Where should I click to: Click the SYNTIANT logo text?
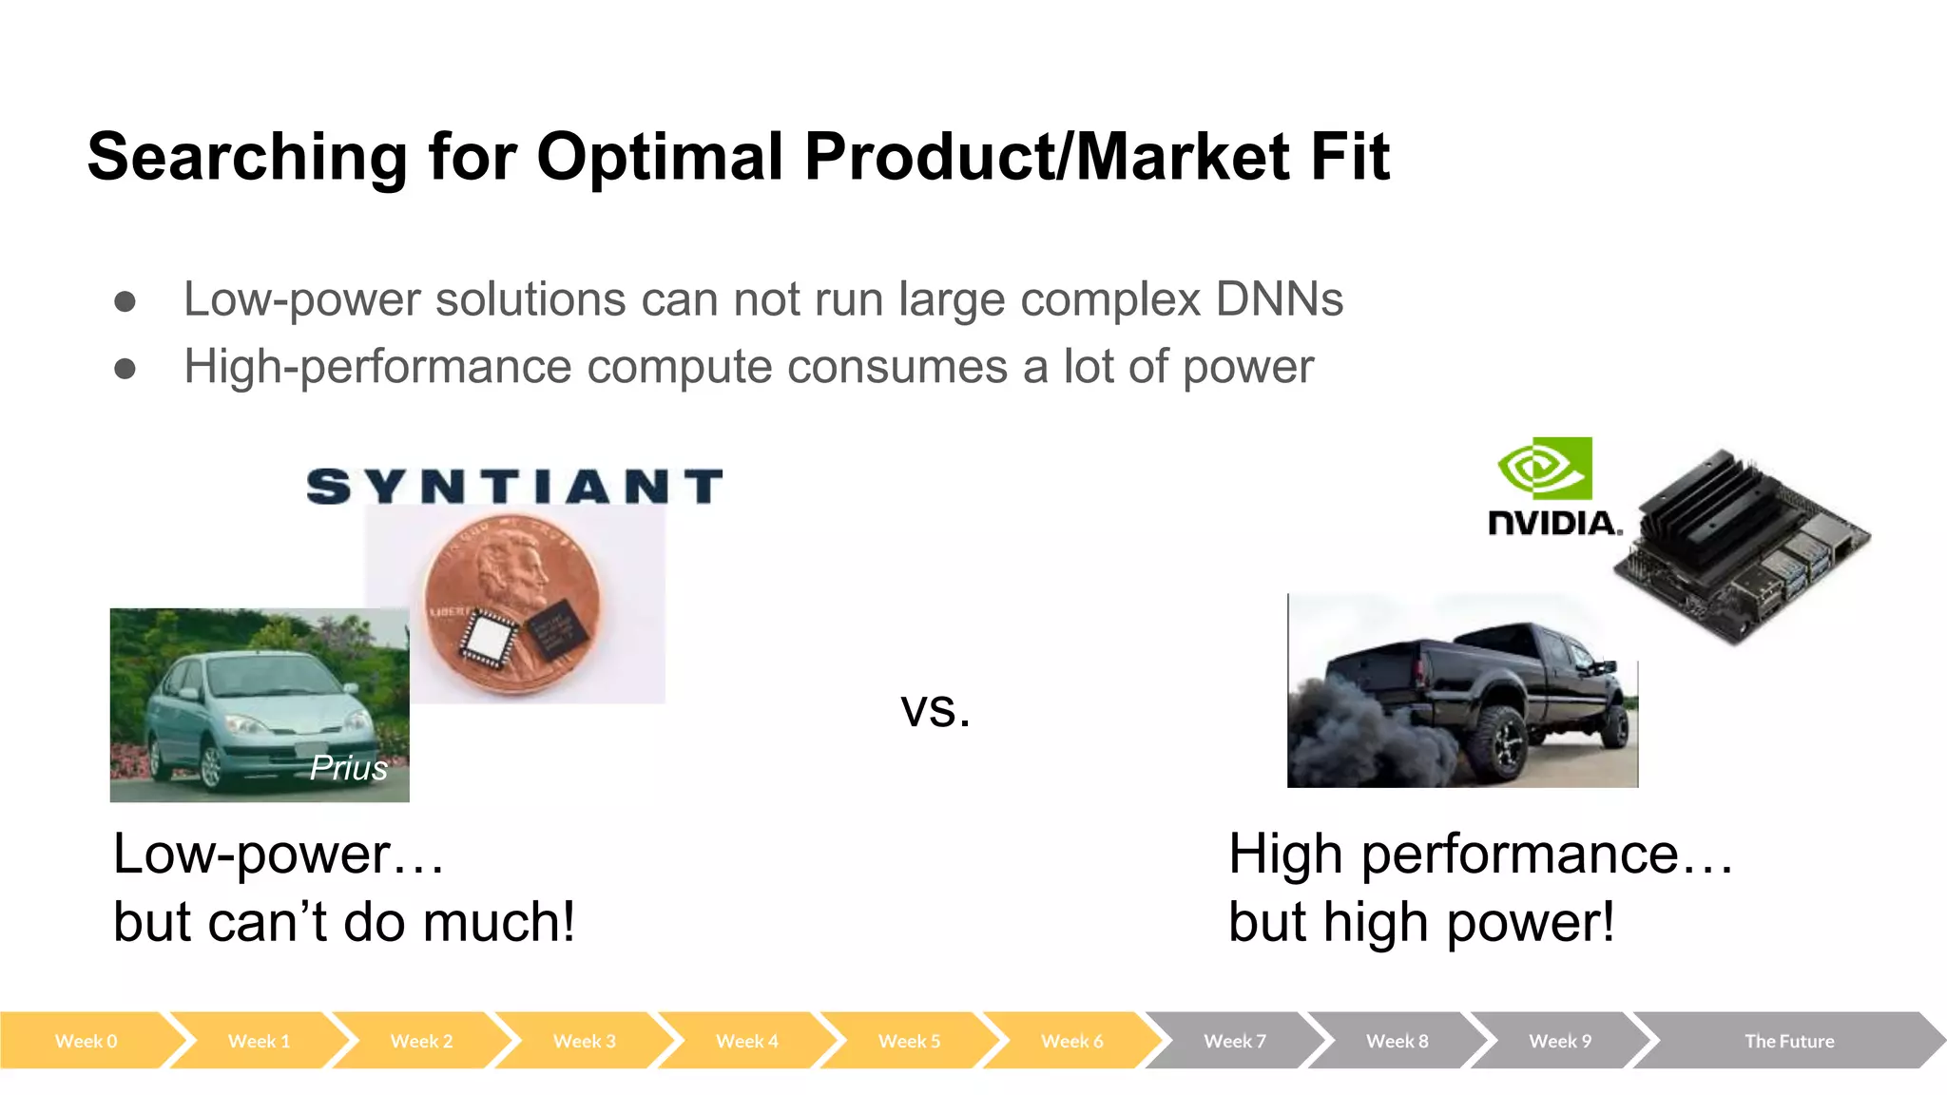(514, 487)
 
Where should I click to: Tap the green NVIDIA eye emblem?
(1545, 469)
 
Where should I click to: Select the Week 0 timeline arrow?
(86, 1041)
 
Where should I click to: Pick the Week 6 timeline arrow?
(1071, 1041)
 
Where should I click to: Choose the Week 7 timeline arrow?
(1234, 1041)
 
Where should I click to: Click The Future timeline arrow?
(1788, 1041)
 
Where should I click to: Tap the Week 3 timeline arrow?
(584, 1041)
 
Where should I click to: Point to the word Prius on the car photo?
(349, 768)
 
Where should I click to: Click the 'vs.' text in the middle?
(935, 710)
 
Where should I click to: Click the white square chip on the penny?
(488, 635)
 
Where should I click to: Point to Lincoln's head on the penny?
(509, 570)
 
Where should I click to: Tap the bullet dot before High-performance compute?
(125, 368)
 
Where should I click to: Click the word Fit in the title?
(1350, 157)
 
